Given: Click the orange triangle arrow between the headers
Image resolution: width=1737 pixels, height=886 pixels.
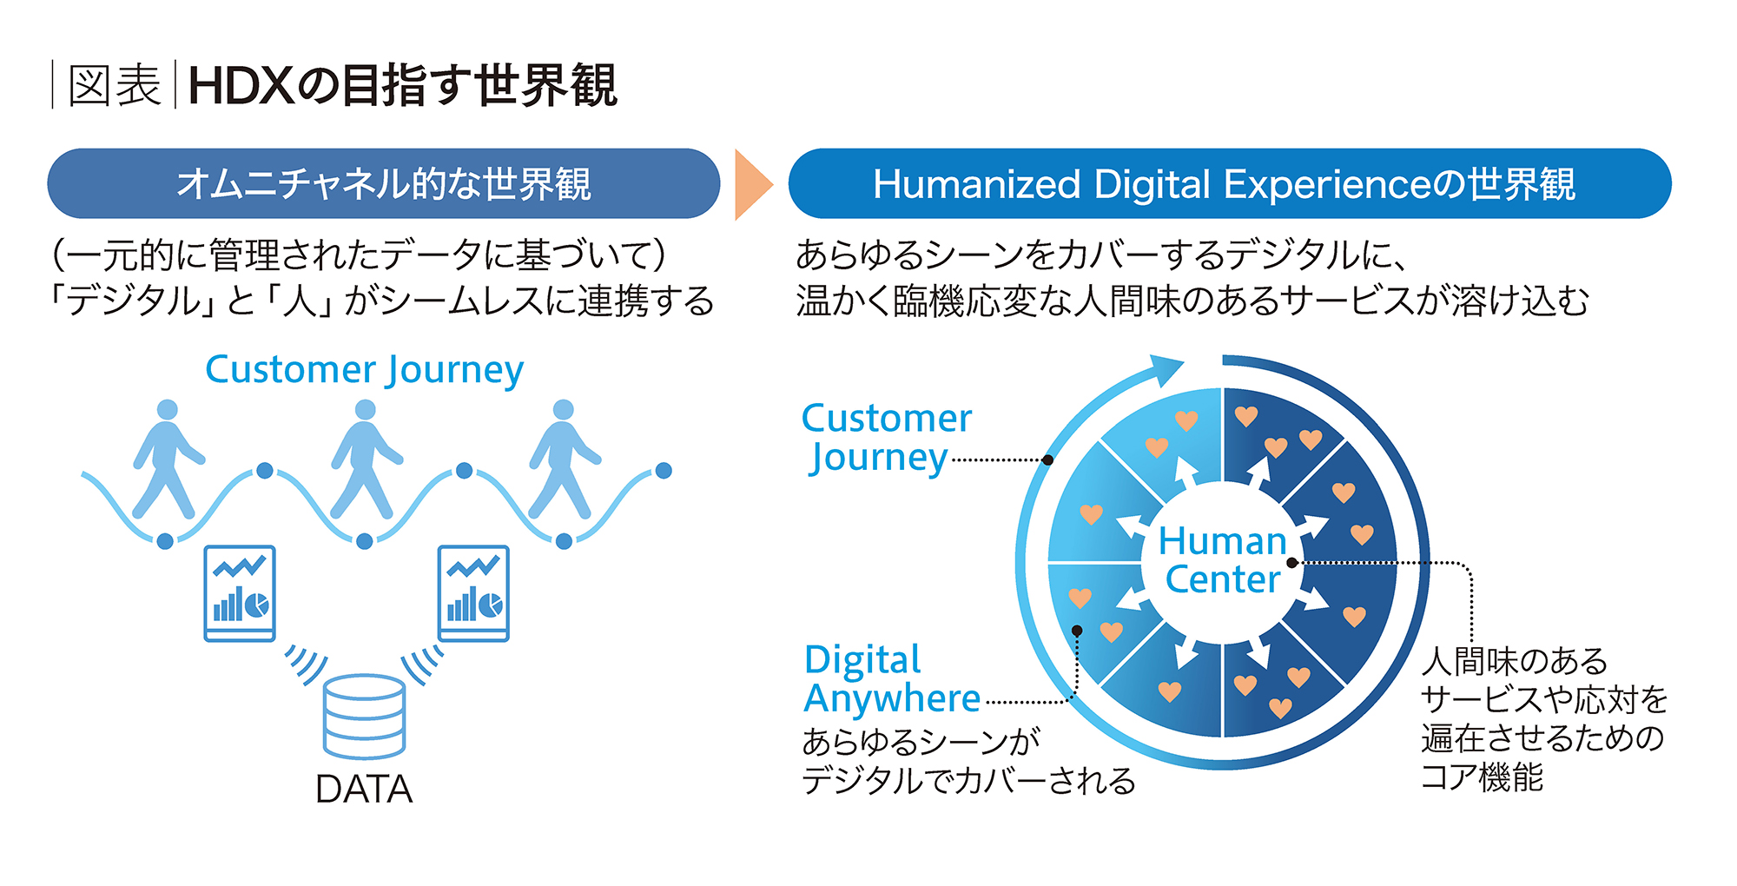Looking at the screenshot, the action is point(752,184).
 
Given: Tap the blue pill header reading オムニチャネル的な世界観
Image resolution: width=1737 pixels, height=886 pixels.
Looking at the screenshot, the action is point(383,183).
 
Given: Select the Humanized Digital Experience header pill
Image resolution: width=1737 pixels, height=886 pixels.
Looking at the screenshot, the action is point(1230,183).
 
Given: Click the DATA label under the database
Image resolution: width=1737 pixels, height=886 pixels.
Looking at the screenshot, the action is point(364,789).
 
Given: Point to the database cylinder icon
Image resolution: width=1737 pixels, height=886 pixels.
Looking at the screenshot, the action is point(364,717).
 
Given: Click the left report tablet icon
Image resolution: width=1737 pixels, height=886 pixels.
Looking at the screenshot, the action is point(240,593).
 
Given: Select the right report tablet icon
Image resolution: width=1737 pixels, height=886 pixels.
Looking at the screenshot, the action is point(473,593).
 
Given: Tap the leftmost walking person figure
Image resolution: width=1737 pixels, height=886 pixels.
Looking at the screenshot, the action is point(168,460).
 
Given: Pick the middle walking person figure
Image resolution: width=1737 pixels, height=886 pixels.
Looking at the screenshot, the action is point(366,460).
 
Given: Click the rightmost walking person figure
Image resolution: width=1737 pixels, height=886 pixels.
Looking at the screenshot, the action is point(565,460).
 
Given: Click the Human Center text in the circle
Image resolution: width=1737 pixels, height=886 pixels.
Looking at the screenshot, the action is point(1223,560).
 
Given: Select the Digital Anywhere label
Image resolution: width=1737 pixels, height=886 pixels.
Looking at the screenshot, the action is point(892,679).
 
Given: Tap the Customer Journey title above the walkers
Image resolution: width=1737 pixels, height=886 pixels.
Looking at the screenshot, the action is point(364,370).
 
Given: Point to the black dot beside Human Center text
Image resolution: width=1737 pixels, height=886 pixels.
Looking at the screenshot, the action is point(1292,563).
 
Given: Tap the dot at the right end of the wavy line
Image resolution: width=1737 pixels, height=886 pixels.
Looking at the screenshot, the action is point(664,471).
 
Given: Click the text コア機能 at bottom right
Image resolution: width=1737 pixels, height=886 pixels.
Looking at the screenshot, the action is point(1483,777).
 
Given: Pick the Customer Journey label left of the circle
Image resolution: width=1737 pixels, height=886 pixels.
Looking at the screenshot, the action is point(887,438).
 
